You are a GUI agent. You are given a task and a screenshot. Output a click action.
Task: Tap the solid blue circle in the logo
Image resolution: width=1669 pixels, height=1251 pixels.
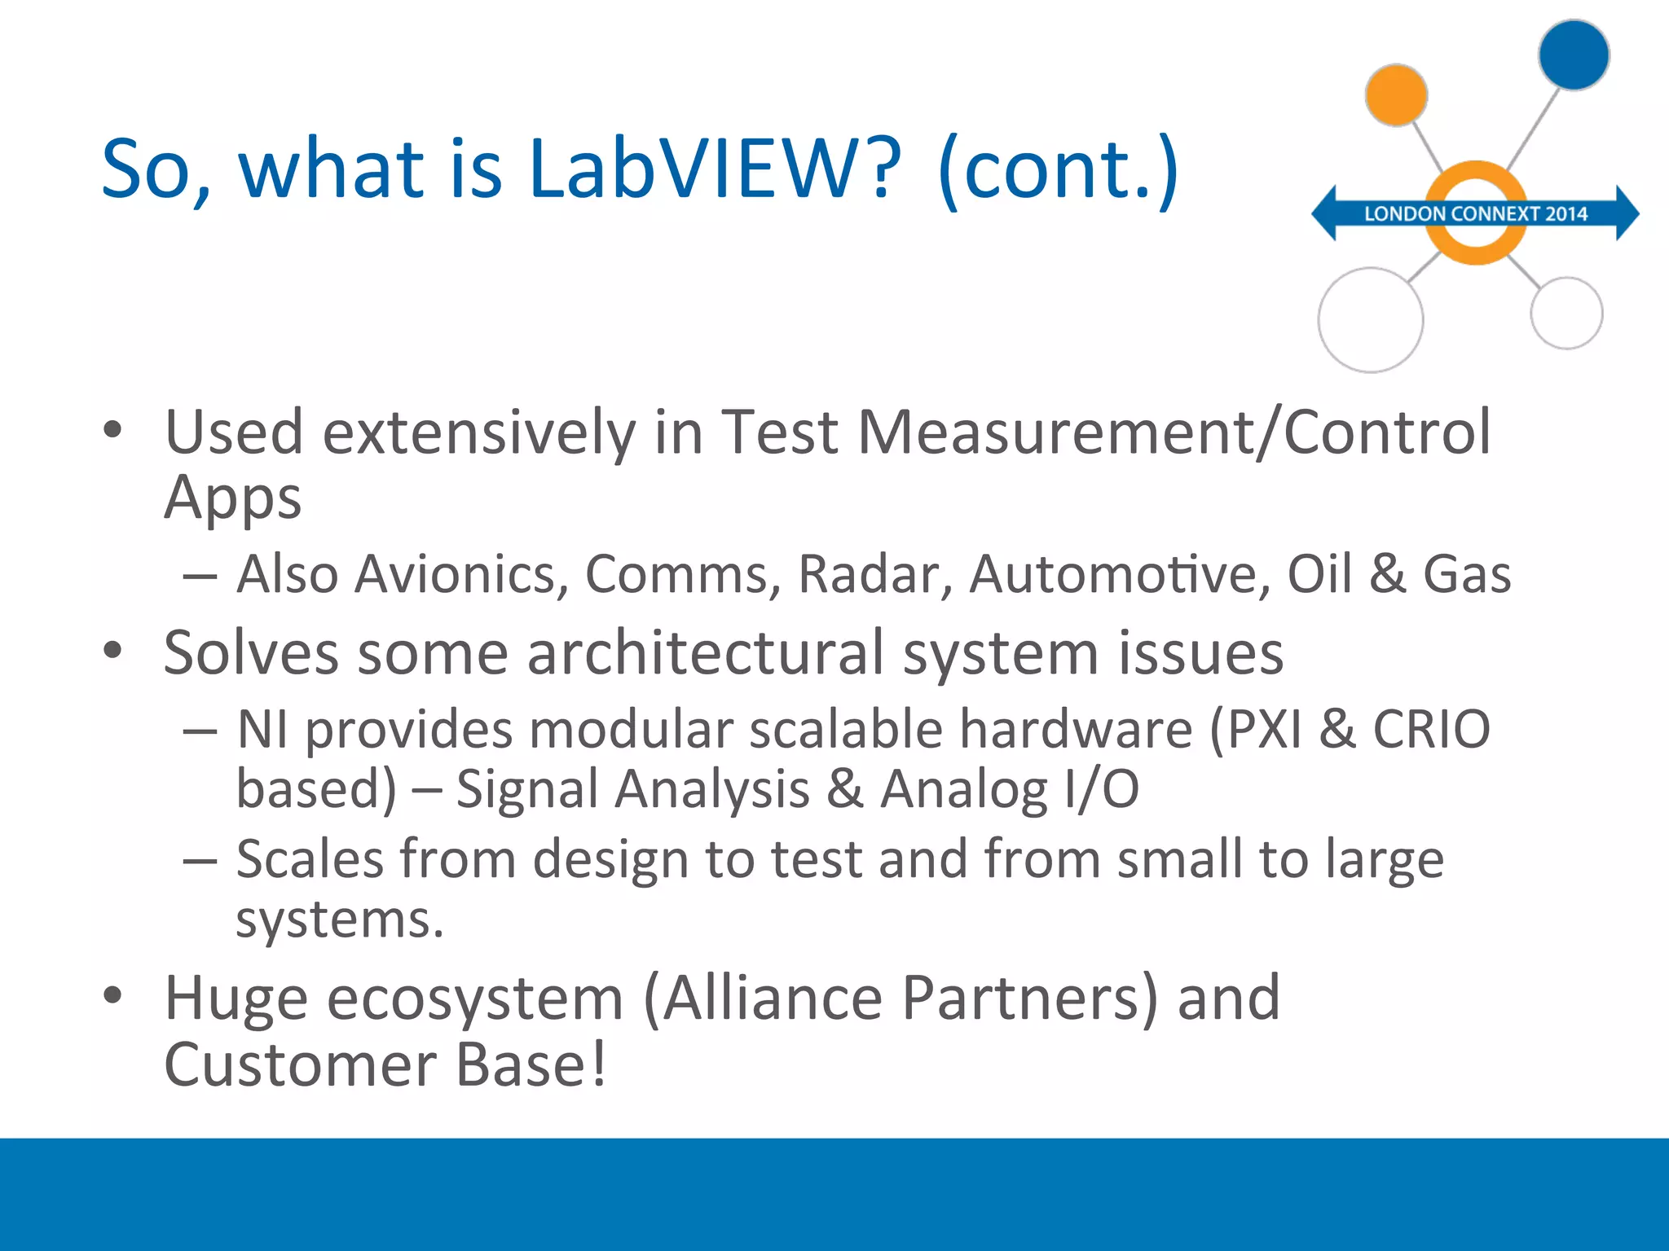pos(1574,55)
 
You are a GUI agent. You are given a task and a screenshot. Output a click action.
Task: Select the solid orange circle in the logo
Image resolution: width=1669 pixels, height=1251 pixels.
pos(1396,95)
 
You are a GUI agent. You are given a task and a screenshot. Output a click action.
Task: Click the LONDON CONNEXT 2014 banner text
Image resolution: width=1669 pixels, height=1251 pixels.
pos(1476,214)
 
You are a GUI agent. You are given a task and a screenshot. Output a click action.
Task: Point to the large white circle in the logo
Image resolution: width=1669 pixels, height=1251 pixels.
pos(1371,320)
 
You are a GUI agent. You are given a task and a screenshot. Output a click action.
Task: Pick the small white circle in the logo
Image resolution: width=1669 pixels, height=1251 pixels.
pos(1566,314)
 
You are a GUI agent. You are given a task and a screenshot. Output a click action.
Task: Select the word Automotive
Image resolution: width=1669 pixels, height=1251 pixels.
pos(1119,574)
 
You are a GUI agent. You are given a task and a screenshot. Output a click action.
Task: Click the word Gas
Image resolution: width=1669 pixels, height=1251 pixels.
pos(1467,574)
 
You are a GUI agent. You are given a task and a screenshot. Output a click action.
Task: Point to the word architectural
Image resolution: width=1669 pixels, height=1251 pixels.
pos(705,653)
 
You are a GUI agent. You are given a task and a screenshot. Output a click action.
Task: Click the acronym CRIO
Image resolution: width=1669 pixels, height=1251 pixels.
pos(1431,729)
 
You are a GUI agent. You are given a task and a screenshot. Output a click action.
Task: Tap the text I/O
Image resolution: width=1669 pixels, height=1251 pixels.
pos(1101,789)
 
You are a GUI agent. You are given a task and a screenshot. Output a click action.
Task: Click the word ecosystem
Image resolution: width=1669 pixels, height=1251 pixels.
pos(475,999)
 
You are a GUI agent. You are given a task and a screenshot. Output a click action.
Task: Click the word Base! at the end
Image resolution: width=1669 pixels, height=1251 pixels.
pos(531,1064)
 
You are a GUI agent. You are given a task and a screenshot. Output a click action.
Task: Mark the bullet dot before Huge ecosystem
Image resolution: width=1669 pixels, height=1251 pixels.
pos(112,995)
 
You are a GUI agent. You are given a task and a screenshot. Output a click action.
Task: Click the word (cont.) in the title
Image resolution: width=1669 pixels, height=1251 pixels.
pos(1058,169)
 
